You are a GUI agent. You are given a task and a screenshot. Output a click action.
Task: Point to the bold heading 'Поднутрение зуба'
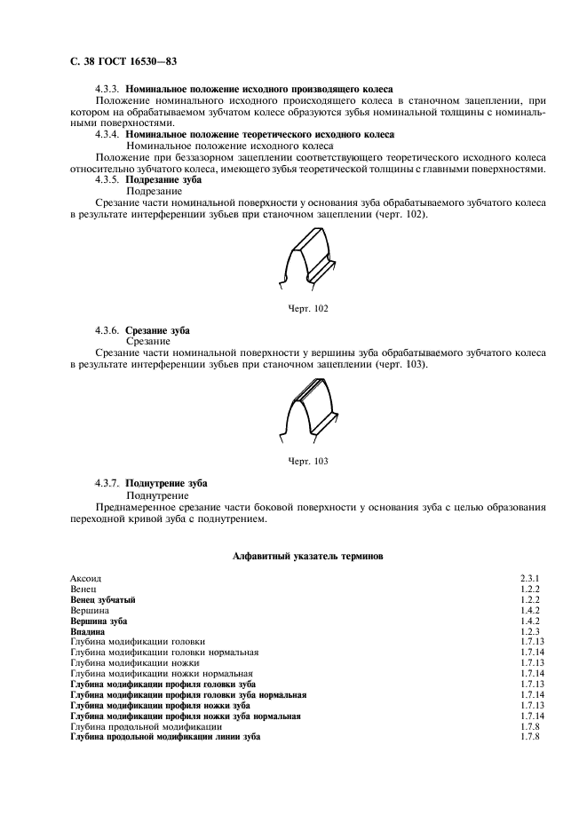click(x=166, y=483)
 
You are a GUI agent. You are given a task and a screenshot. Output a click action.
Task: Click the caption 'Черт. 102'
click(x=308, y=308)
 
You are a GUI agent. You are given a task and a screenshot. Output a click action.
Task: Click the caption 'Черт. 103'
click(x=308, y=461)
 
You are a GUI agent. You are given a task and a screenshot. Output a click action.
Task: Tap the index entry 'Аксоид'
click(x=84, y=579)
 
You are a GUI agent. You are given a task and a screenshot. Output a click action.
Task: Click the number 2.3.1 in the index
click(x=530, y=579)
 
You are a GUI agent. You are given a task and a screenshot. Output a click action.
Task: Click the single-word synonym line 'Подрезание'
click(x=155, y=191)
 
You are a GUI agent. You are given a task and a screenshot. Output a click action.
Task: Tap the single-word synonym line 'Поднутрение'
click(x=157, y=495)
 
